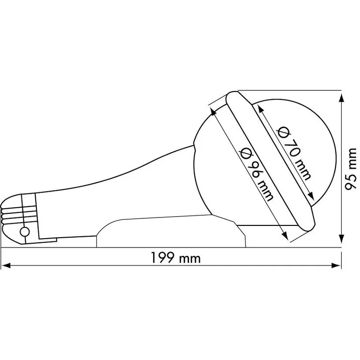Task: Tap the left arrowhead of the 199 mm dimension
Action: tap(6, 265)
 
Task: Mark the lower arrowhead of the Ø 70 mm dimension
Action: tap(311, 196)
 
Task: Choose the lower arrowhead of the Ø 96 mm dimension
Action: tap(285, 236)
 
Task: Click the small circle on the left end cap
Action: tap(24, 231)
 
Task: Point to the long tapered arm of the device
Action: tap(117, 187)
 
